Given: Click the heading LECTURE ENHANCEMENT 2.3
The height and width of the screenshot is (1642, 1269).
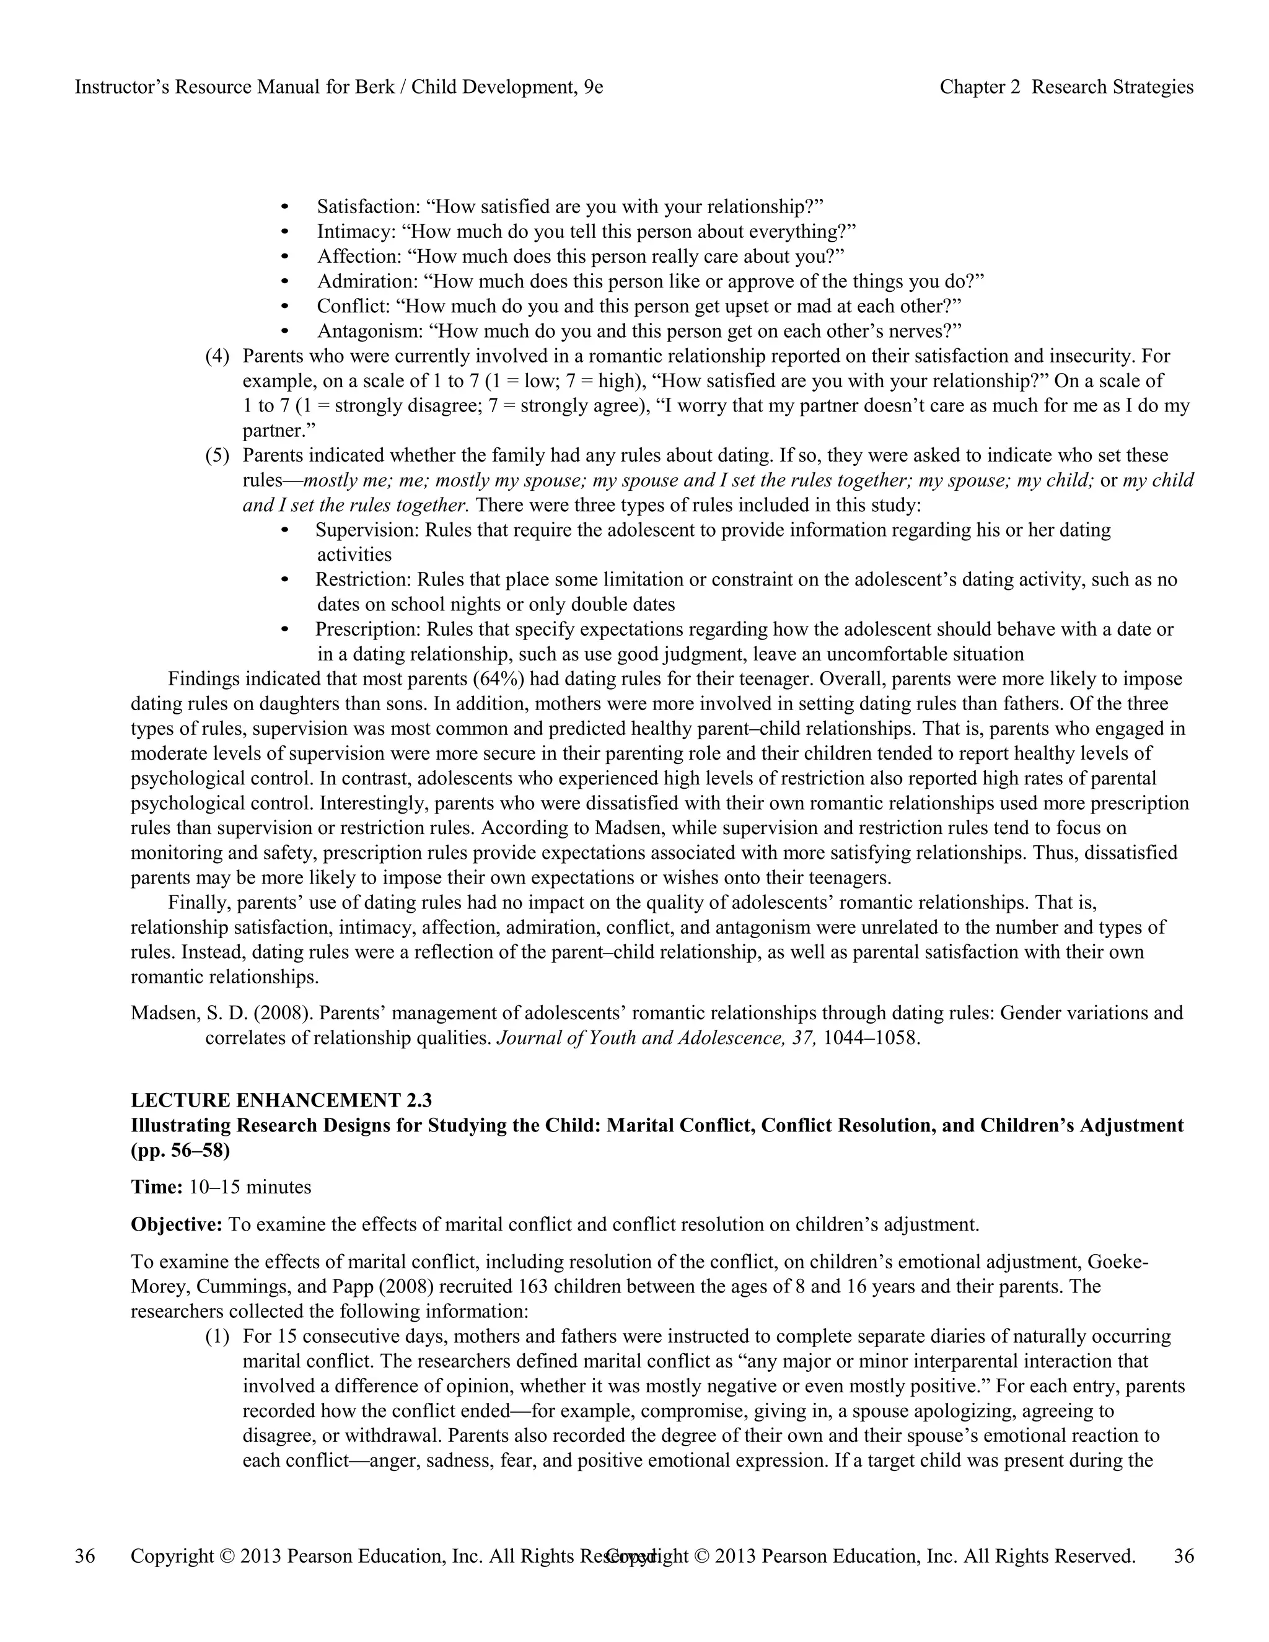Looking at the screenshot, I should click(x=281, y=1100).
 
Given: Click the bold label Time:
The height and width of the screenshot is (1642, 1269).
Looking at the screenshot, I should click(x=156, y=1187).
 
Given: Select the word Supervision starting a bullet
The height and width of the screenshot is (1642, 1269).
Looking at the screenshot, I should click(x=366, y=529).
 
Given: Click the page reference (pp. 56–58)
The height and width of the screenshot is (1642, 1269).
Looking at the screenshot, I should click(x=180, y=1150).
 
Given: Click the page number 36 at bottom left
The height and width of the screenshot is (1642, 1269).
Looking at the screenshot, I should click(x=85, y=1555).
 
